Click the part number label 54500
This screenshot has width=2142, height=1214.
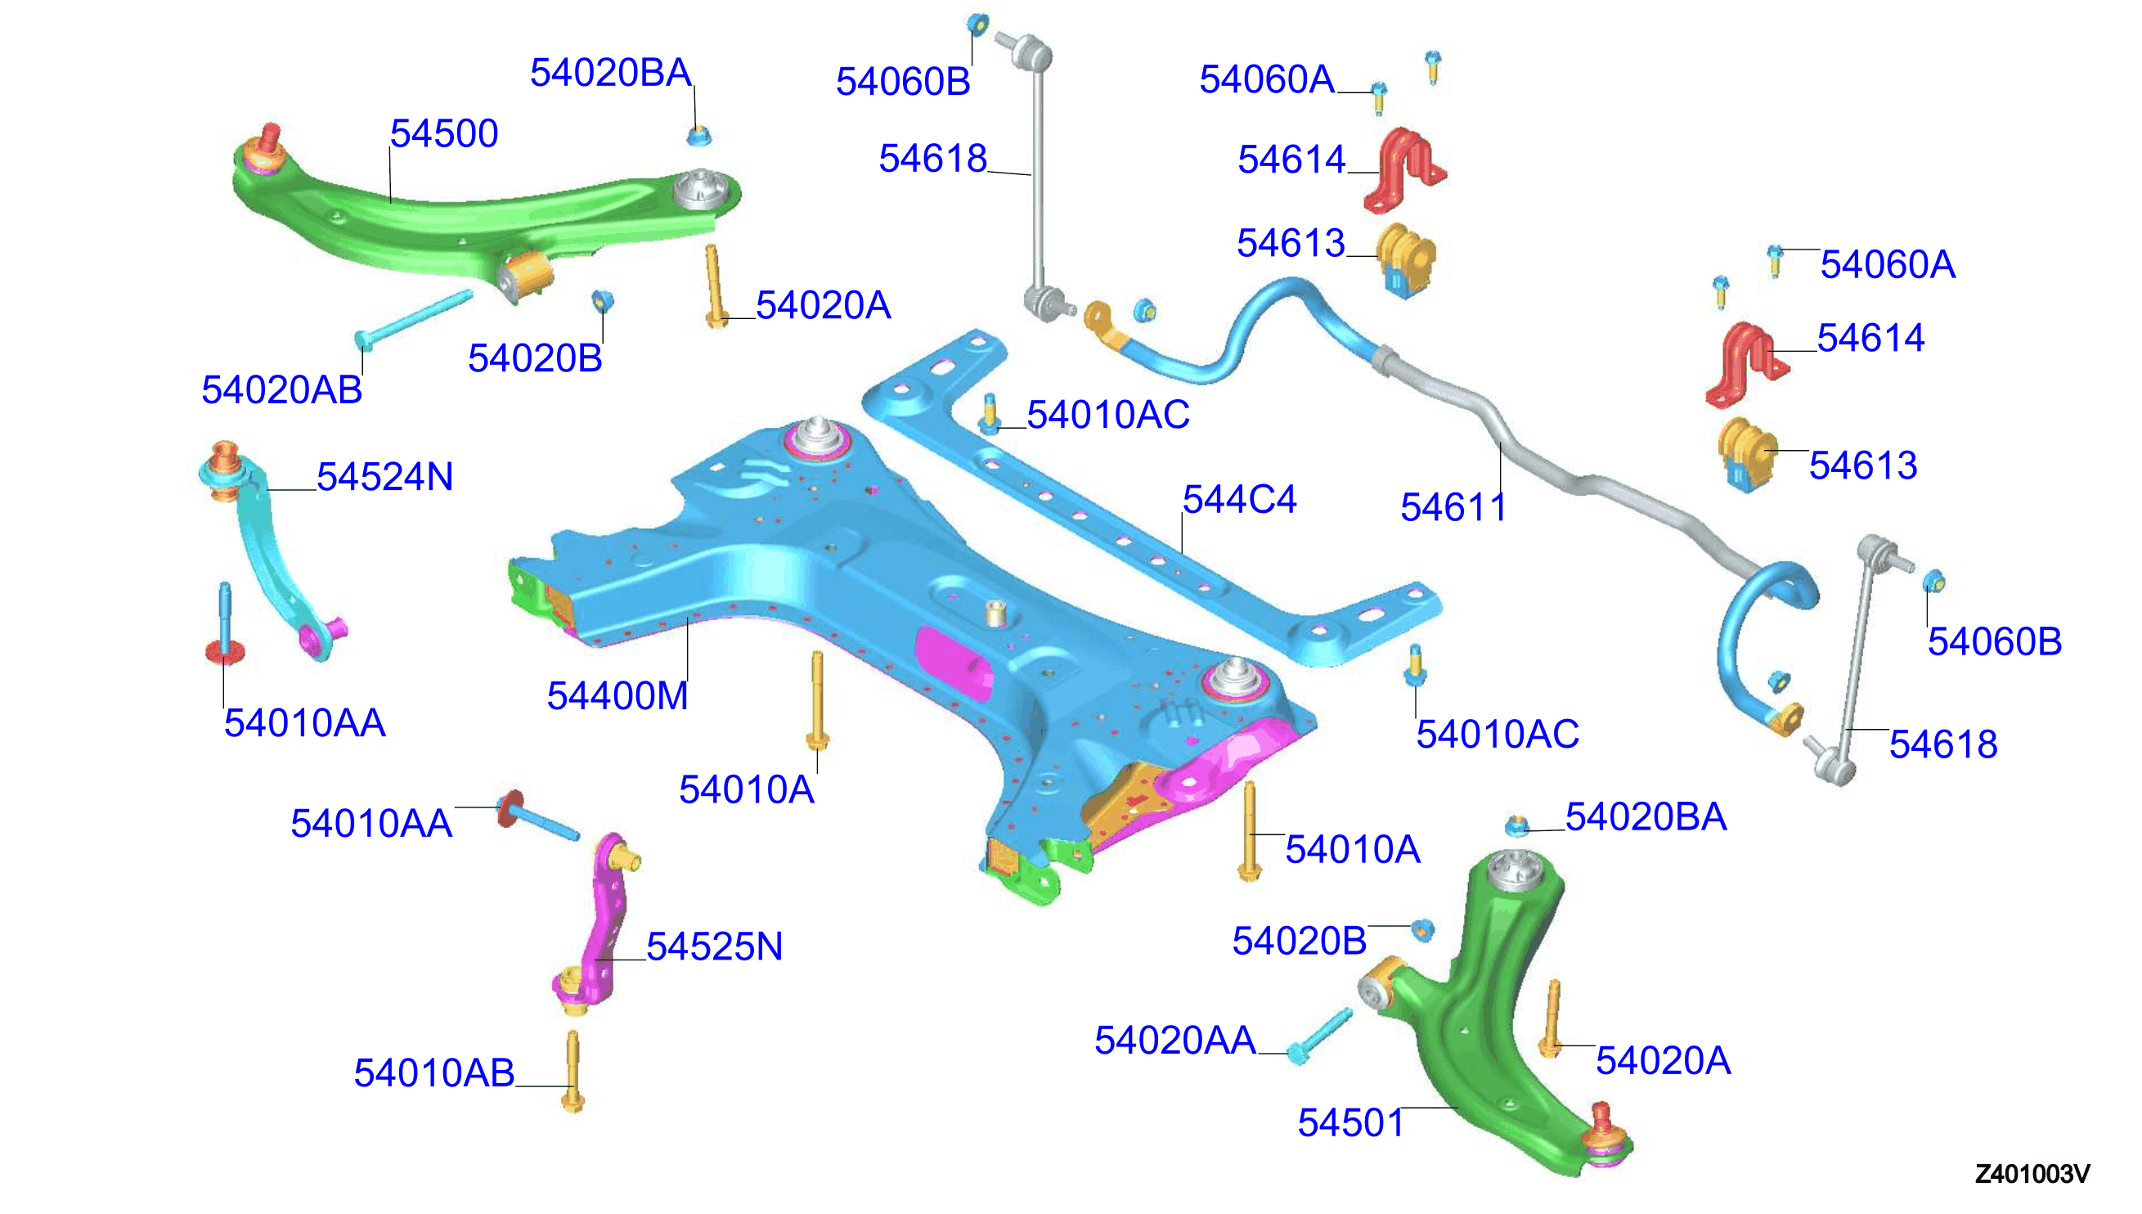coord(444,133)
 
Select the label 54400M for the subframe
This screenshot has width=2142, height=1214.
coord(617,695)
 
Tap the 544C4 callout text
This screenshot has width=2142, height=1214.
coord(1239,500)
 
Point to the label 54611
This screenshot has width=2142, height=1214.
coord(1453,507)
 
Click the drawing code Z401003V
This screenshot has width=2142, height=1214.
coord(2032,1174)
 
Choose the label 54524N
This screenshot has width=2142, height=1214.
coord(385,477)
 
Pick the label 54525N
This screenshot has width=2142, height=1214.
coord(714,946)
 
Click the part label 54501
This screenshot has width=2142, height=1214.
coord(1351,1123)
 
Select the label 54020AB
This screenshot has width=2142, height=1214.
coord(281,389)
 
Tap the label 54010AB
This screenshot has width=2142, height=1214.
coord(434,1073)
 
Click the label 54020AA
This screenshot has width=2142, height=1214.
coord(1175,1041)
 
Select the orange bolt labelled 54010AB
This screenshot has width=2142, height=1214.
coord(573,1072)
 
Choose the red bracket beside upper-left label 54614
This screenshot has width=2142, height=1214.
coord(1404,170)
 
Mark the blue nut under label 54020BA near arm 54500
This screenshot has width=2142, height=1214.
coord(699,135)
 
